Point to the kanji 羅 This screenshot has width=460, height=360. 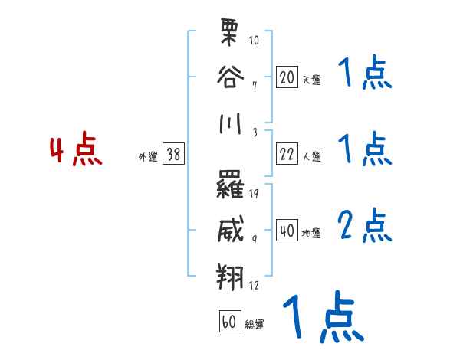point(231,185)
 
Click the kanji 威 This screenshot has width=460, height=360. point(231,227)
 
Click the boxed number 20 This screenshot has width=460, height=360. point(287,77)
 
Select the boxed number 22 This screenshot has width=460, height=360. point(287,154)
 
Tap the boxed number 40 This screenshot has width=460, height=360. point(287,231)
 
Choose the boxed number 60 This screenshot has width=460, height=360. point(229,322)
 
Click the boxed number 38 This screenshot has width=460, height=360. point(173,154)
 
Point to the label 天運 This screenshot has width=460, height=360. point(311,80)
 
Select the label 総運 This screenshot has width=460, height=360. point(255,325)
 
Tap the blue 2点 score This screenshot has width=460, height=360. point(365,225)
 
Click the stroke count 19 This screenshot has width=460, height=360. point(254,192)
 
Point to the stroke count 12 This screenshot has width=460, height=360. point(254,285)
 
